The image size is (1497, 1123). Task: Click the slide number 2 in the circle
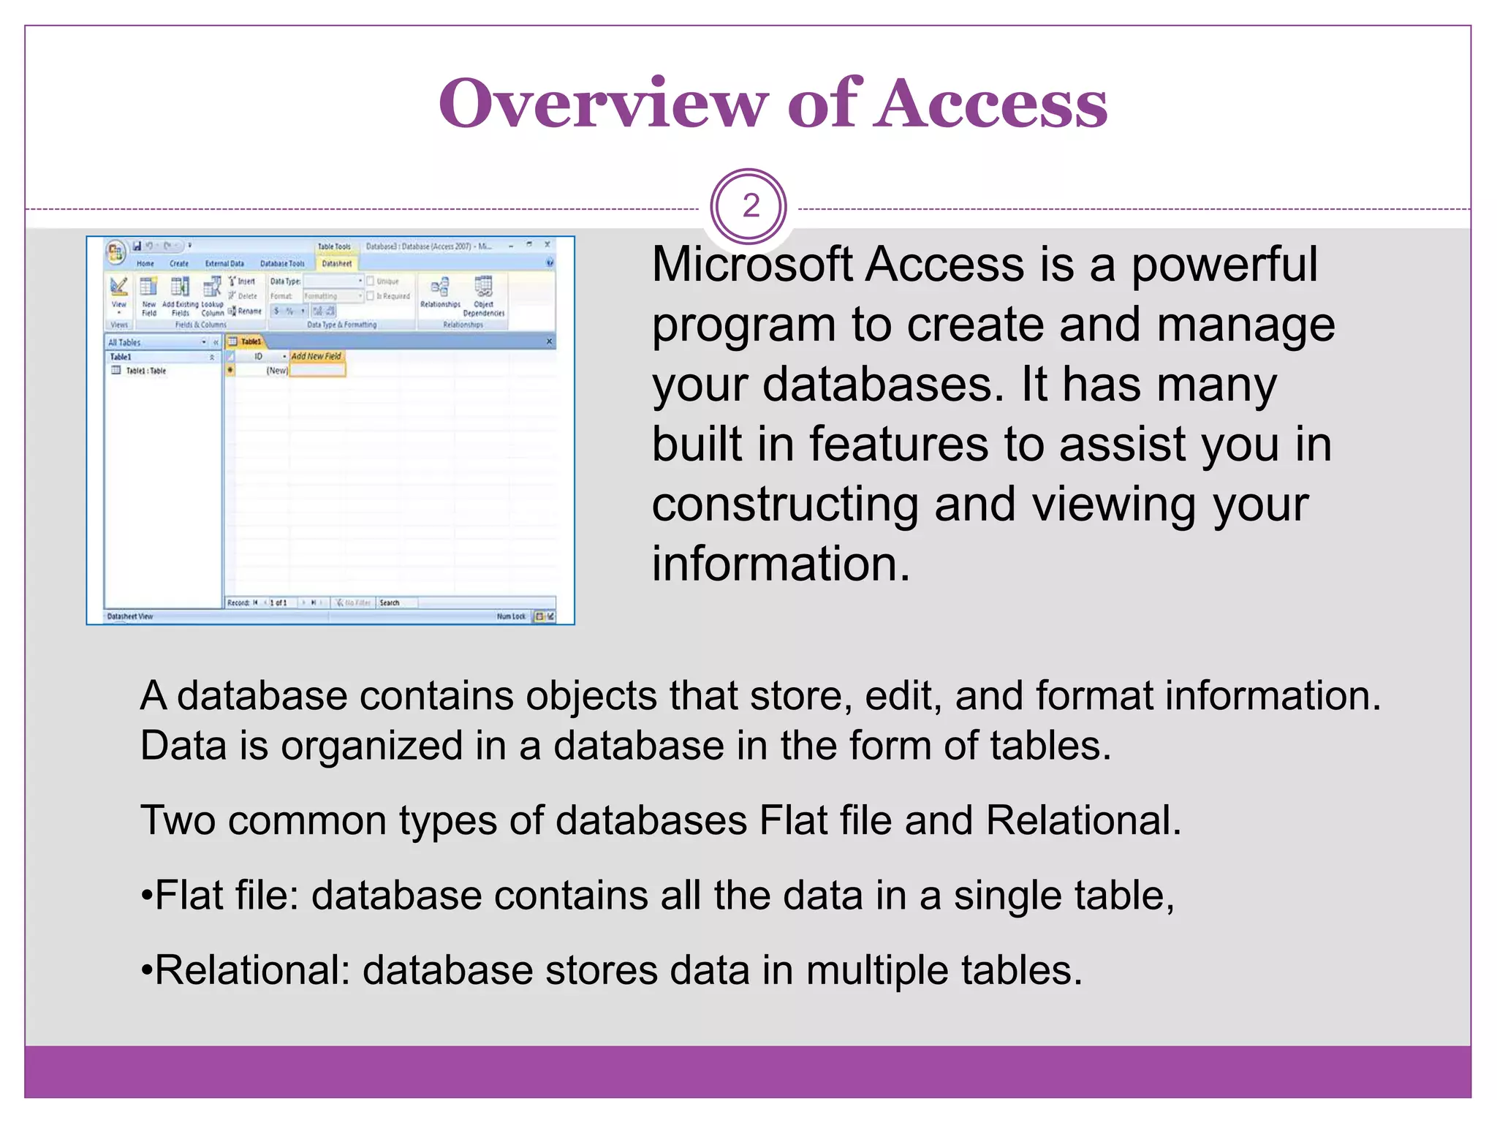click(750, 206)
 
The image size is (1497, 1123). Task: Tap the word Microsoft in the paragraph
click(752, 264)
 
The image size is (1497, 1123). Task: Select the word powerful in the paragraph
click(1224, 264)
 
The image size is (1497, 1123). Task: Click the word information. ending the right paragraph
click(781, 564)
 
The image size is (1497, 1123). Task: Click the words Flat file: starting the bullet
click(227, 896)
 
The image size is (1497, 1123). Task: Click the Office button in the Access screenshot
click(115, 252)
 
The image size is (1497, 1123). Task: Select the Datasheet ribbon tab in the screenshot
click(337, 263)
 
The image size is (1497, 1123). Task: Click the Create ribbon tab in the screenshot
click(179, 263)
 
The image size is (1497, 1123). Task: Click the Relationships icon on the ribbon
click(440, 288)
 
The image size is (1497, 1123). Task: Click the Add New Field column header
click(317, 356)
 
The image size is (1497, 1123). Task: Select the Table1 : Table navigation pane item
click(145, 371)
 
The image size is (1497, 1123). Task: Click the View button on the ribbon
click(118, 289)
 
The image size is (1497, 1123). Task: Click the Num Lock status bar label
click(511, 616)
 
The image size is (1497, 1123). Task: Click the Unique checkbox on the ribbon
click(371, 281)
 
